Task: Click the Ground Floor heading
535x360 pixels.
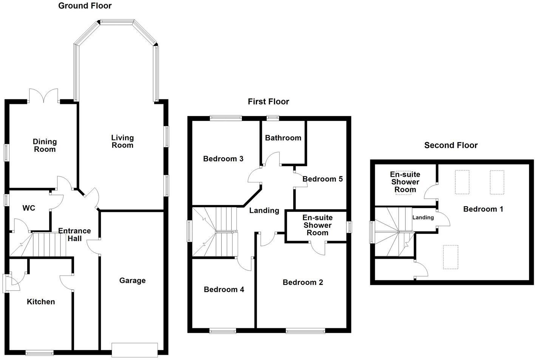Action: coord(85,6)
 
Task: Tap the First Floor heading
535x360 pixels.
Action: coord(268,102)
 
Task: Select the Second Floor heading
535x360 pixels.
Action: coord(451,145)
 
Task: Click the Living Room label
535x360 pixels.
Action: coord(122,141)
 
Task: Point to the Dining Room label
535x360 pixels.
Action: coord(45,145)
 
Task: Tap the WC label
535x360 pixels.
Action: coord(29,208)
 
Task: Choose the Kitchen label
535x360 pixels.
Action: coord(41,302)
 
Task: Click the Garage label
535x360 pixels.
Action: coord(132,281)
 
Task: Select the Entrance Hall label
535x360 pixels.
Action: coord(74,235)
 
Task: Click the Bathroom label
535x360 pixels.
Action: coord(283,138)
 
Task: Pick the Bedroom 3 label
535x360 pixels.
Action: coord(223,159)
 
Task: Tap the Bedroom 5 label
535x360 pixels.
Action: coord(323,179)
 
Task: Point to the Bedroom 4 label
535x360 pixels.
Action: coord(224,290)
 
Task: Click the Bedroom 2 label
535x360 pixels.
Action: coord(303,283)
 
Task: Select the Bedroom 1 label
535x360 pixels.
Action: coord(483,209)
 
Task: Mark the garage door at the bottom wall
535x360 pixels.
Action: coord(135,349)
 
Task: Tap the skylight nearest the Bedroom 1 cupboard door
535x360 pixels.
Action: coord(450,257)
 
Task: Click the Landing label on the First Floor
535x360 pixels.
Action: coord(264,211)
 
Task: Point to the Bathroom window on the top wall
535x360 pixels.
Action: coord(272,118)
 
